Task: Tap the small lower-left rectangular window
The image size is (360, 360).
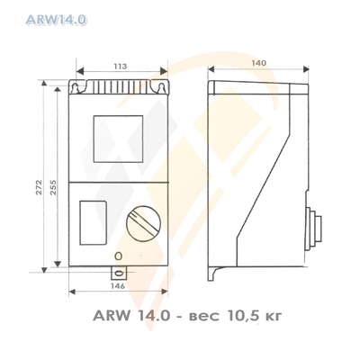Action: click(x=93, y=221)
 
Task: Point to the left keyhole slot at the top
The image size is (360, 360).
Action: click(x=83, y=89)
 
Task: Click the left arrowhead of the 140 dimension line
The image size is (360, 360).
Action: click(x=211, y=76)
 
